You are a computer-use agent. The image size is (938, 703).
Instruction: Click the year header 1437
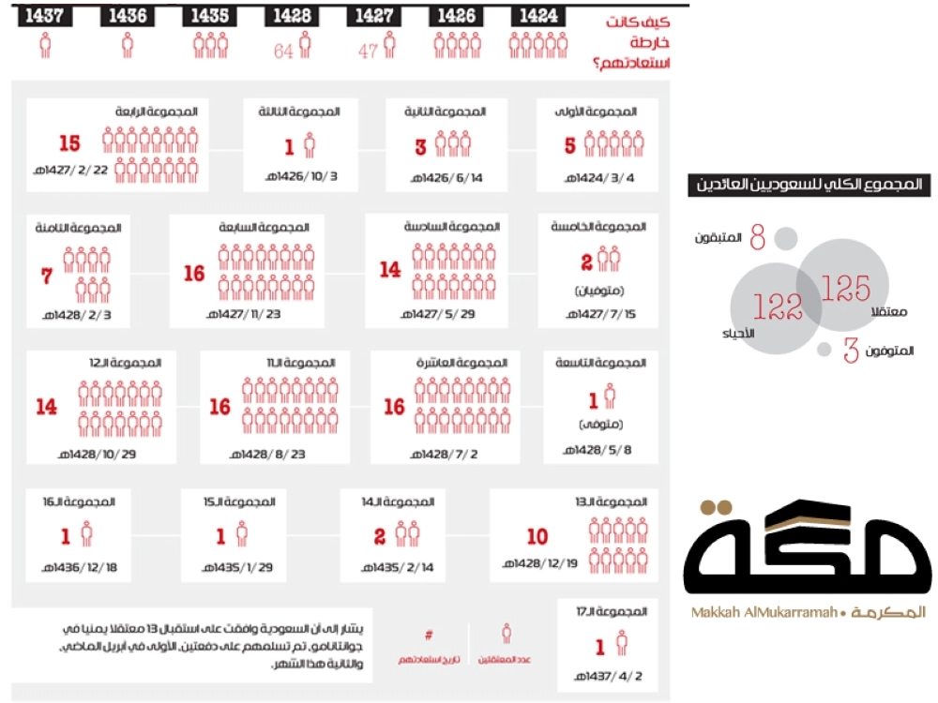click(44, 16)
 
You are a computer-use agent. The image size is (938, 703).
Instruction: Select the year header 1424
click(536, 16)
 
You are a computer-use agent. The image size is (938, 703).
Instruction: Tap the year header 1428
click(291, 16)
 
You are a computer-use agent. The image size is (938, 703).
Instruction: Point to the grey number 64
click(284, 51)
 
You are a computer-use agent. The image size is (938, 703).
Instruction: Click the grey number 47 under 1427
click(368, 51)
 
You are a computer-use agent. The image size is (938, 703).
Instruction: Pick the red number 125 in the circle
click(845, 289)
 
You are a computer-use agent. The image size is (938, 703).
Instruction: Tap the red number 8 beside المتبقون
click(757, 239)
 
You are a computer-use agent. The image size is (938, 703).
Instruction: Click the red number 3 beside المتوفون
click(851, 351)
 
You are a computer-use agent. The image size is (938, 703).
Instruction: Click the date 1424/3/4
click(609, 177)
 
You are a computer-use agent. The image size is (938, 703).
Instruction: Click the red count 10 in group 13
click(537, 537)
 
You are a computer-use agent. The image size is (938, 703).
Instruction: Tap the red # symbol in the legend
click(429, 634)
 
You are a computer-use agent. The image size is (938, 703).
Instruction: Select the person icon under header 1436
click(128, 45)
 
